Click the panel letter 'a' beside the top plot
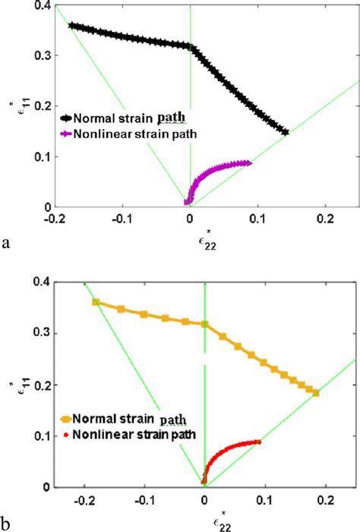6,243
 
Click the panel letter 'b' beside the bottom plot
7,524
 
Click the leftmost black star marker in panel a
72,26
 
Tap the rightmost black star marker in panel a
285,132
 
